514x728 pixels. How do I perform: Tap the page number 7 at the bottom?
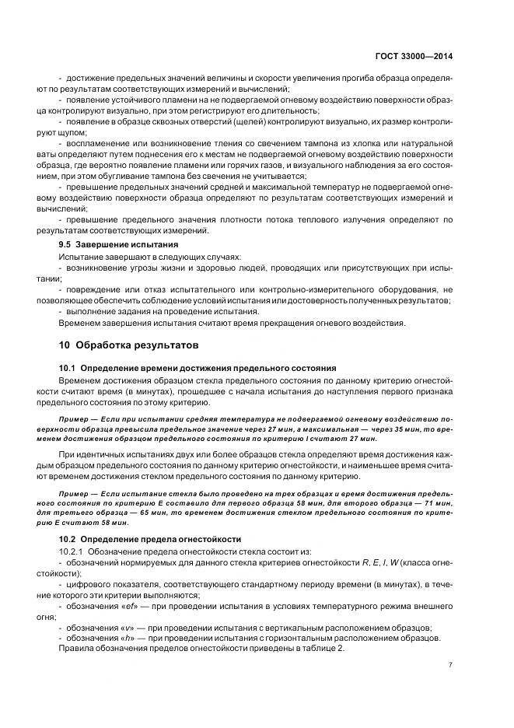pos(452,665)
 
